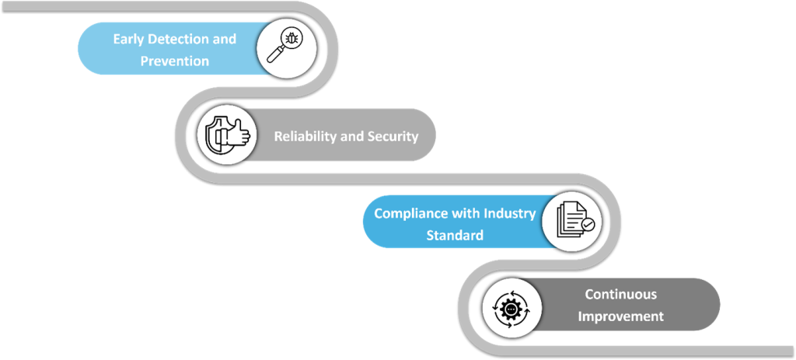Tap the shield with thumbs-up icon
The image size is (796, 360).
226,135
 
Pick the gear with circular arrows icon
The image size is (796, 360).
511,309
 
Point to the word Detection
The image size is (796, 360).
183,39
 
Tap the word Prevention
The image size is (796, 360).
174,61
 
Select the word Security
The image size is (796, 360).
392,136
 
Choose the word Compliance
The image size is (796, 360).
410,213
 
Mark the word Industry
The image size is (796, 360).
510,213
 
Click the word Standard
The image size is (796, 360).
454,235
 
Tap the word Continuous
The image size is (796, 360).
620,295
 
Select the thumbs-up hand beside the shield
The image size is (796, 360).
236,137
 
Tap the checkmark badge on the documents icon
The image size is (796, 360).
588,225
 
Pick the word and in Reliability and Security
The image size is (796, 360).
352,136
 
